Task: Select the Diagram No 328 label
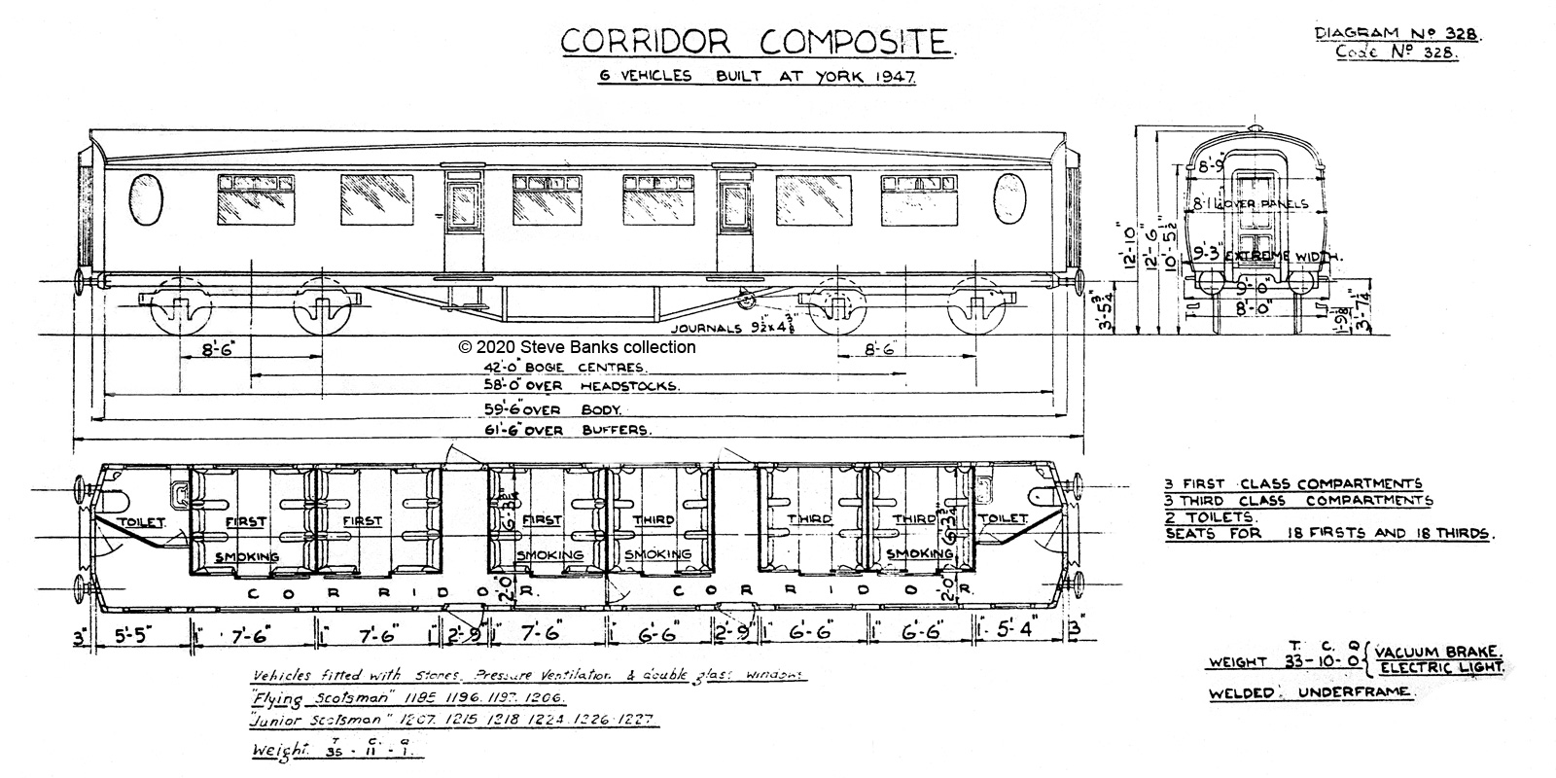point(1397,33)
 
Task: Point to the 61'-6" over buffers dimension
point(569,429)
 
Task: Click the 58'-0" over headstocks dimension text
point(581,386)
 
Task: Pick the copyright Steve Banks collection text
point(577,346)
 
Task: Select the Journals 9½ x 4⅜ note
point(725,328)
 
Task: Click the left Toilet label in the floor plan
point(142,522)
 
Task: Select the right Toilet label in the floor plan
point(1003,519)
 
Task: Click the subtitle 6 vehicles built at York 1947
point(758,76)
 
